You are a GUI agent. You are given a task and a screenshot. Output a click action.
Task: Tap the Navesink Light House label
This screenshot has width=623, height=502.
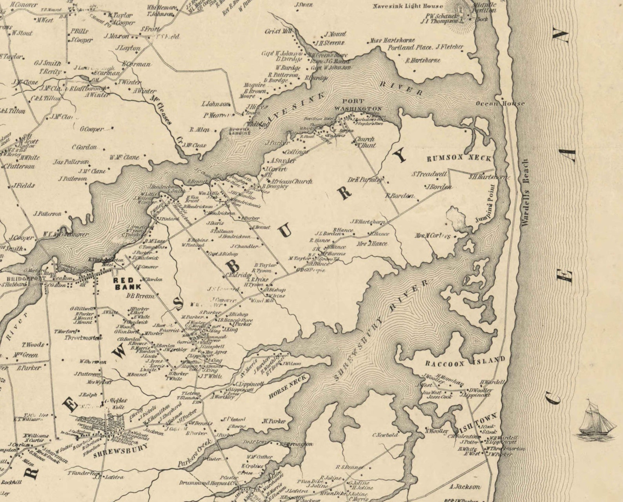tap(408, 6)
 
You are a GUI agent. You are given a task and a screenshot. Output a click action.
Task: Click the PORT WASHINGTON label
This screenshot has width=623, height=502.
tap(358, 105)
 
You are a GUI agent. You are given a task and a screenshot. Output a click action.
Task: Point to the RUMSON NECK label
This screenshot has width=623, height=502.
tap(459, 158)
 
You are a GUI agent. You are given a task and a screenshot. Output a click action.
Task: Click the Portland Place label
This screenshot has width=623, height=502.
tap(410, 47)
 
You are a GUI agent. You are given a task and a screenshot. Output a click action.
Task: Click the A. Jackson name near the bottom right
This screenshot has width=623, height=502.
tap(465, 487)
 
